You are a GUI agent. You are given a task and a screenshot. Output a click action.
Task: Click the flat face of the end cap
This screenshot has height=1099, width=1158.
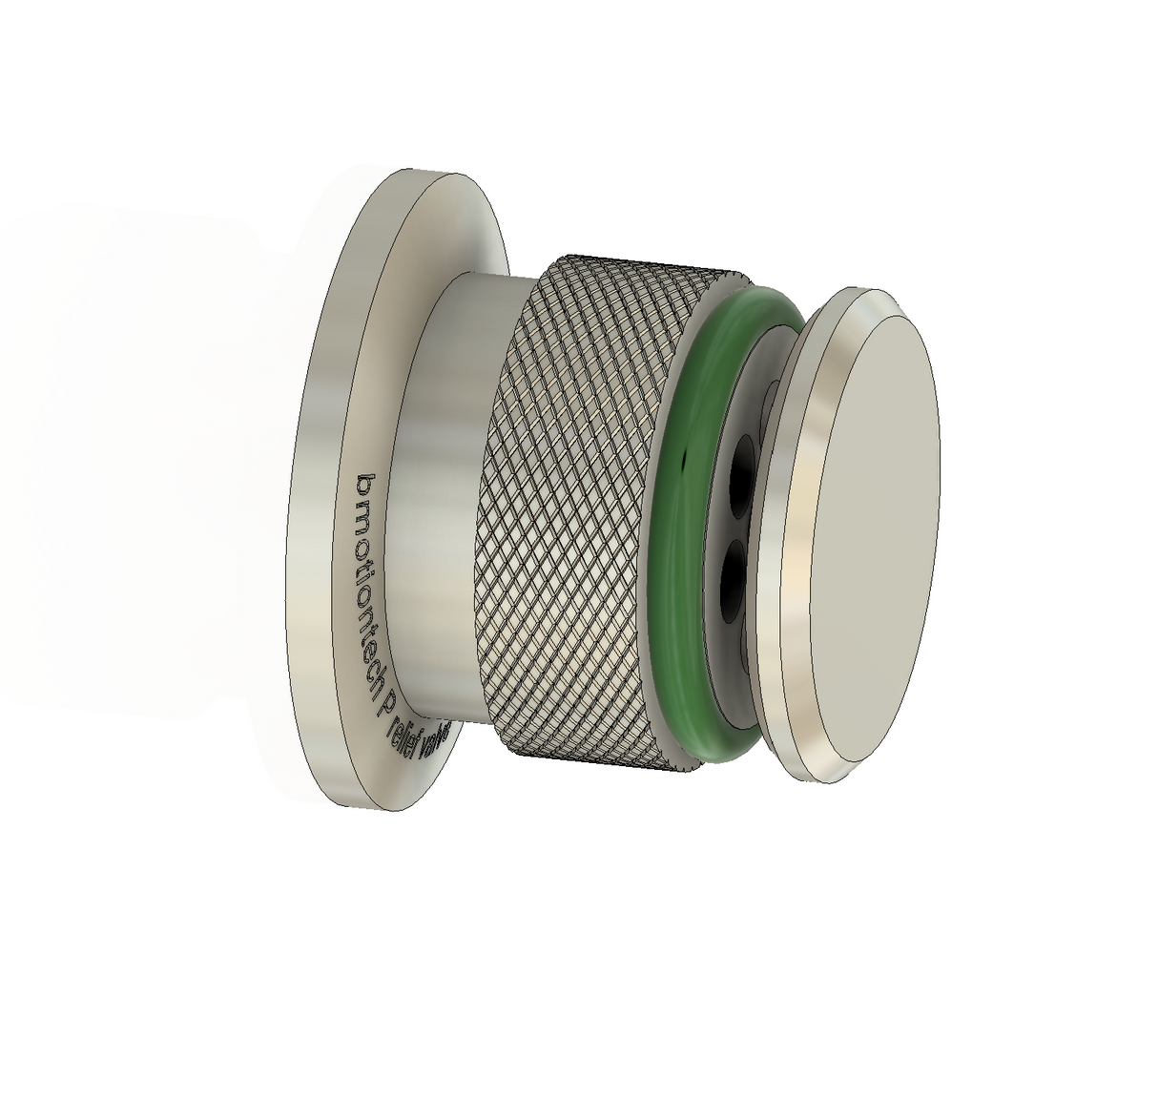click(878, 534)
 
